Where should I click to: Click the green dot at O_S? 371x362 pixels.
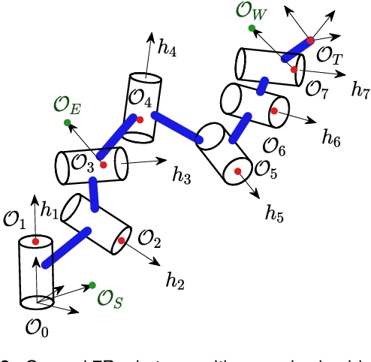pos(92,285)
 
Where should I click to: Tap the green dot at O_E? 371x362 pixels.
pos(68,122)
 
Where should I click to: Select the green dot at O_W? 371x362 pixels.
pos(252,29)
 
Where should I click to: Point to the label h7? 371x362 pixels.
pos(361,89)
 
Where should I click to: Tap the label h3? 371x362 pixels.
pos(182,176)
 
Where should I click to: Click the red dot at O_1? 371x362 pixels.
pos(35,242)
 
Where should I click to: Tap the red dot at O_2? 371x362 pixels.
pos(121,241)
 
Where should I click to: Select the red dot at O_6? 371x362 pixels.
pos(274,111)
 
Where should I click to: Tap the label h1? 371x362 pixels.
pos(50,213)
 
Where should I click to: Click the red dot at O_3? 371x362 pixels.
pos(103,164)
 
